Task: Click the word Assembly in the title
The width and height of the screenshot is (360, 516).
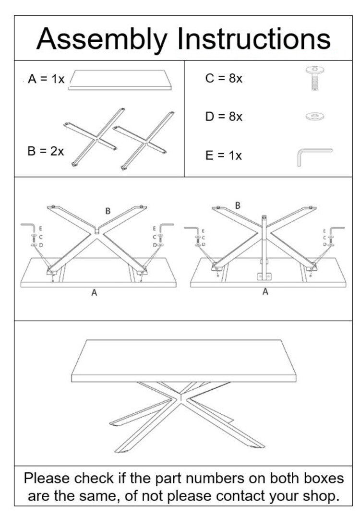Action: point(102,39)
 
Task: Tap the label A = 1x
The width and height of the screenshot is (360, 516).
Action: point(46,79)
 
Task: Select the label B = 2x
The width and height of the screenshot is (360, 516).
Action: point(46,151)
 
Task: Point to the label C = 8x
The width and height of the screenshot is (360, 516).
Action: point(224,79)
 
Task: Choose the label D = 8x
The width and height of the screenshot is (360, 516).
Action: point(224,117)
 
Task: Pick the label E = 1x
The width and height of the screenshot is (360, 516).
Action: point(223,156)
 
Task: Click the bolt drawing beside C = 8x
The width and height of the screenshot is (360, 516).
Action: point(313,79)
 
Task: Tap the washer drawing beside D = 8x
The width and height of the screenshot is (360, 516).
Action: point(314,116)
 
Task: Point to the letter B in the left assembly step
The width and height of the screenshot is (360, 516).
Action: point(108,211)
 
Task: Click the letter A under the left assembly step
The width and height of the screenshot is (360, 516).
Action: point(94,293)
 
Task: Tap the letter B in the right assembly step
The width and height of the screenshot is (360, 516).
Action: point(238,205)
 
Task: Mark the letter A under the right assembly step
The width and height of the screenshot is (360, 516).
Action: point(265,291)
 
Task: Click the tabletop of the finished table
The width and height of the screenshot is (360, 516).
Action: point(183,360)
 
